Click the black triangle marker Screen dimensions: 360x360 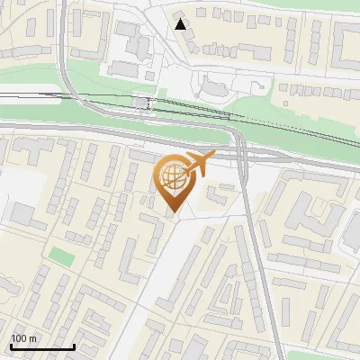click(x=181, y=23)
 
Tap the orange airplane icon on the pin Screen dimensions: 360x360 click(x=199, y=163)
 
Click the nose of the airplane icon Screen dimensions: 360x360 click(x=213, y=156)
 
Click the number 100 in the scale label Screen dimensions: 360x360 click(x=19, y=338)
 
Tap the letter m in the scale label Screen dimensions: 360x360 click(x=31, y=338)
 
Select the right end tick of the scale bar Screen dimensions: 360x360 click(x=74, y=346)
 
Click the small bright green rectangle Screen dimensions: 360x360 click(x=60, y=256)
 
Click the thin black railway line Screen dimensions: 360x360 click(x=297, y=130)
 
